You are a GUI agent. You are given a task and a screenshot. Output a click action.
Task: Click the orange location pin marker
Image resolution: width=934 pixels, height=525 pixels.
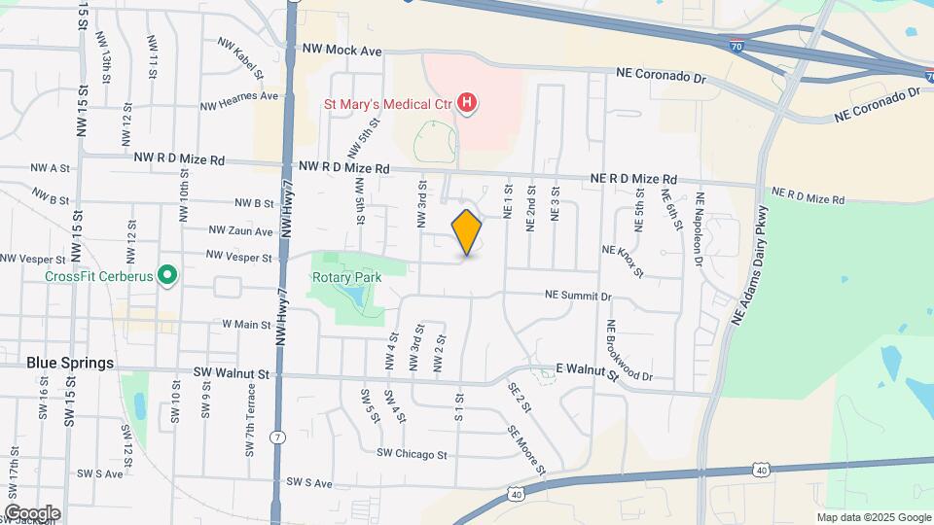tap(467, 232)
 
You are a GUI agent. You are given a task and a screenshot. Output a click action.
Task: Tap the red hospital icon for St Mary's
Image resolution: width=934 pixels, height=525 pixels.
tap(468, 102)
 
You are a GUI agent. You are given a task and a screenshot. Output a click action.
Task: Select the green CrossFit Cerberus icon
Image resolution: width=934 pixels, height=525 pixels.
tap(167, 276)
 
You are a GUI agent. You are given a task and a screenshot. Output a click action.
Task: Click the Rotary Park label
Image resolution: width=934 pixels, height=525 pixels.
tap(345, 277)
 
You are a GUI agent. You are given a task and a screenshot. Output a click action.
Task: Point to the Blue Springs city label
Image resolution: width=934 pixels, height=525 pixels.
tap(70, 363)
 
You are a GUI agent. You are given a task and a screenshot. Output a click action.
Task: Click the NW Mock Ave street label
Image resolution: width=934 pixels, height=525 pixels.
tap(341, 50)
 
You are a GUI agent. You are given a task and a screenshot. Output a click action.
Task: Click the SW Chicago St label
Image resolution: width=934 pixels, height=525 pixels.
tap(412, 454)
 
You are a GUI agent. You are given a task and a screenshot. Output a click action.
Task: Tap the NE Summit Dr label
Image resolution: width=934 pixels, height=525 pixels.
tap(578, 295)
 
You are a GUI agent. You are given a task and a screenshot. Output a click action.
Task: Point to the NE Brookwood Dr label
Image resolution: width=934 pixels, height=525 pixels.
tap(629, 351)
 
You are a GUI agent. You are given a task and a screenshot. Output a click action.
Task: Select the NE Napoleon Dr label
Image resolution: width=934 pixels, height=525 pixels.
tap(699, 229)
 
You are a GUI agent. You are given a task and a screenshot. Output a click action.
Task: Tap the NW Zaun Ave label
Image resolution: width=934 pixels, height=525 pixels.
tap(240, 231)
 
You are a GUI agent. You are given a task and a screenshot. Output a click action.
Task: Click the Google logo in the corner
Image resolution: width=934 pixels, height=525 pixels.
tap(32, 513)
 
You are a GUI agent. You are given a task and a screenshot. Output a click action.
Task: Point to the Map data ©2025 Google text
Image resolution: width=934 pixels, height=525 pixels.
tap(873, 517)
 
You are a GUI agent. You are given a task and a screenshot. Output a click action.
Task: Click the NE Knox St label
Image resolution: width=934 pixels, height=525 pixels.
tap(624, 261)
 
